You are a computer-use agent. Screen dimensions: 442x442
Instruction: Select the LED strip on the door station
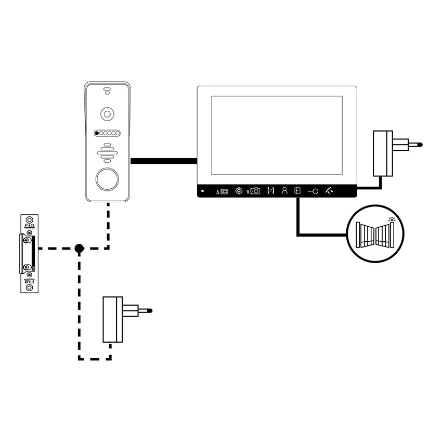coord(108,134)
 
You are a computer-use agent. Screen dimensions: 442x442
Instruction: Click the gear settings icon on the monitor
coord(239,191)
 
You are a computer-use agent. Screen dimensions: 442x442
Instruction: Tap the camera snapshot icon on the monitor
coord(254,191)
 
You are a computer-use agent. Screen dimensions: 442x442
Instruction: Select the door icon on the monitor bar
coord(297,191)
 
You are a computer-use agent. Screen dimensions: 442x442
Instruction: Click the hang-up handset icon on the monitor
coord(330,191)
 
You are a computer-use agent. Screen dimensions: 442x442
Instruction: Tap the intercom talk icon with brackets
coord(269,191)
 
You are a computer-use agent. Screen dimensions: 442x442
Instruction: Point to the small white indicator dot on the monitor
coord(203,191)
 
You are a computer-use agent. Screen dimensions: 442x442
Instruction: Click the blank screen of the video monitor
coord(276,135)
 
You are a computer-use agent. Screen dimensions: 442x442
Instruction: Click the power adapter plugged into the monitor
coord(385,153)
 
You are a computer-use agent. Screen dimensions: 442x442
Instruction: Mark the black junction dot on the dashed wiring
coord(79,249)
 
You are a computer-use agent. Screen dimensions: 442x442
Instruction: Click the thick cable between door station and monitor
coord(163,162)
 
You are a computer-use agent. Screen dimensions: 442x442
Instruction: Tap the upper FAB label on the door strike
coord(29,226)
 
